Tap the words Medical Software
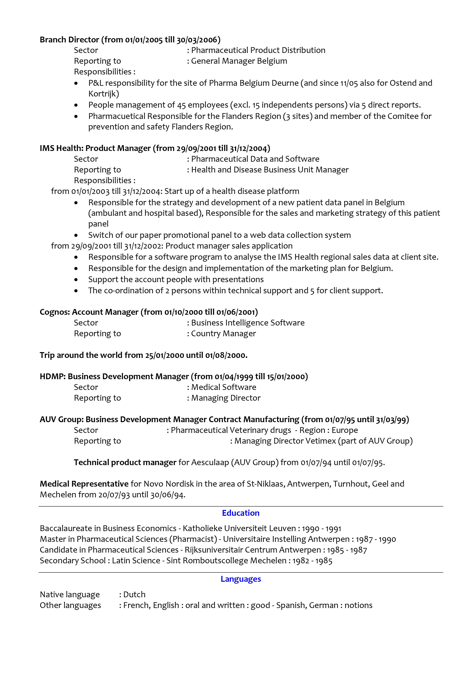click(224, 387)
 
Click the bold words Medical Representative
click(84, 484)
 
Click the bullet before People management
click(76, 105)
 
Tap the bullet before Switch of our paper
click(76, 235)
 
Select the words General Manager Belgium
click(239, 61)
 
